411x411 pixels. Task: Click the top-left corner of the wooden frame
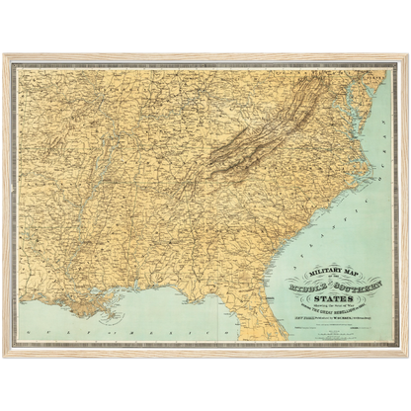3,55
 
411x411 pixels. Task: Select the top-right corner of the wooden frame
408,55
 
